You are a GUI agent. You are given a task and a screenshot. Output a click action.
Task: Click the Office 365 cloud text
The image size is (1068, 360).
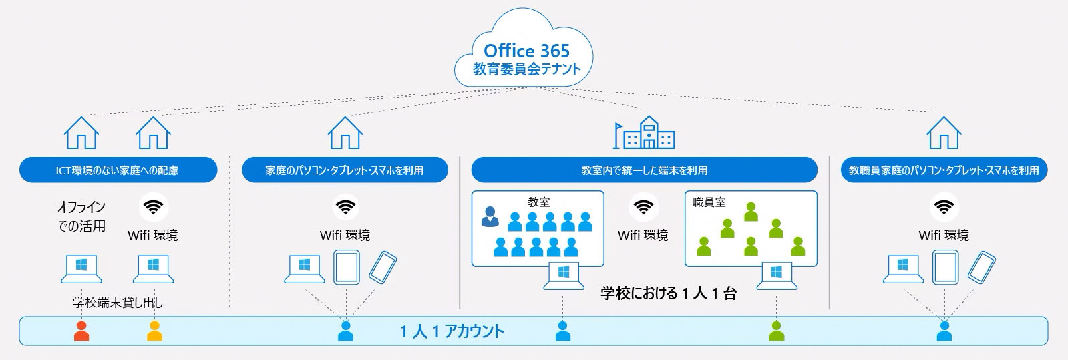coord(526,51)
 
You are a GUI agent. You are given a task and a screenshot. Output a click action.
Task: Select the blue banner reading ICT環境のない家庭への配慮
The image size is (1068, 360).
coord(118,170)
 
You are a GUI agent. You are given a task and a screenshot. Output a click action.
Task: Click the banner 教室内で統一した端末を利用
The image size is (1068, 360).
coord(644,170)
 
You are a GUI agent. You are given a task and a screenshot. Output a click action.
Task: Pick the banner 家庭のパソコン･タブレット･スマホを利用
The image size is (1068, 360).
coord(344,170)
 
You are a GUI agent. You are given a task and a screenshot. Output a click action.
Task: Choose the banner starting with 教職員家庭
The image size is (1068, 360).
coord(943,170)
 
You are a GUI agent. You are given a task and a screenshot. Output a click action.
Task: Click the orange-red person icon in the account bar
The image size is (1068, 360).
coord(81,331)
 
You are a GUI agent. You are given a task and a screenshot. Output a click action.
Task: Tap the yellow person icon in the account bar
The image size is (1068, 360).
coord(154,331)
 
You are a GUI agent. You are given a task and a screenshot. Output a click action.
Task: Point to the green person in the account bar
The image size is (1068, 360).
coord(776,331)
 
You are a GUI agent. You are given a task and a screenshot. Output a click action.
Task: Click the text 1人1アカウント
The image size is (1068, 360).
coord(452,331)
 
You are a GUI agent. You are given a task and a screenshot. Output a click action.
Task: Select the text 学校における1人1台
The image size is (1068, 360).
coord(668,293)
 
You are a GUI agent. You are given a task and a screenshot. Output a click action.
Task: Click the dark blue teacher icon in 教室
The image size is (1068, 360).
coord(490,216)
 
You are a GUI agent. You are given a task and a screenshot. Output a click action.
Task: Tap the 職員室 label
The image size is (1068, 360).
coord(709,202)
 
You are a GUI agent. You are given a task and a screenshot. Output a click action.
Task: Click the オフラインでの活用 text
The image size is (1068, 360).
coord(81,216)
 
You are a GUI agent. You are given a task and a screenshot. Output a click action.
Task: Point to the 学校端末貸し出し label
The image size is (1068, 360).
coord(118,303)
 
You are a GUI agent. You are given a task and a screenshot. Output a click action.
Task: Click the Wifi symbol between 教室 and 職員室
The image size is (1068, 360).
coord(643,207)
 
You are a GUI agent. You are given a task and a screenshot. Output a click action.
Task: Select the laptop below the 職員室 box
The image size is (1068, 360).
coord(776,275)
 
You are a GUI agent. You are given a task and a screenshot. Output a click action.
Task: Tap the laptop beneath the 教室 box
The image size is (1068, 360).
coord(562,275)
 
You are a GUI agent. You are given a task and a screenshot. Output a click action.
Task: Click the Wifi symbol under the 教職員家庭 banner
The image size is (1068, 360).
coord(943,207)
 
